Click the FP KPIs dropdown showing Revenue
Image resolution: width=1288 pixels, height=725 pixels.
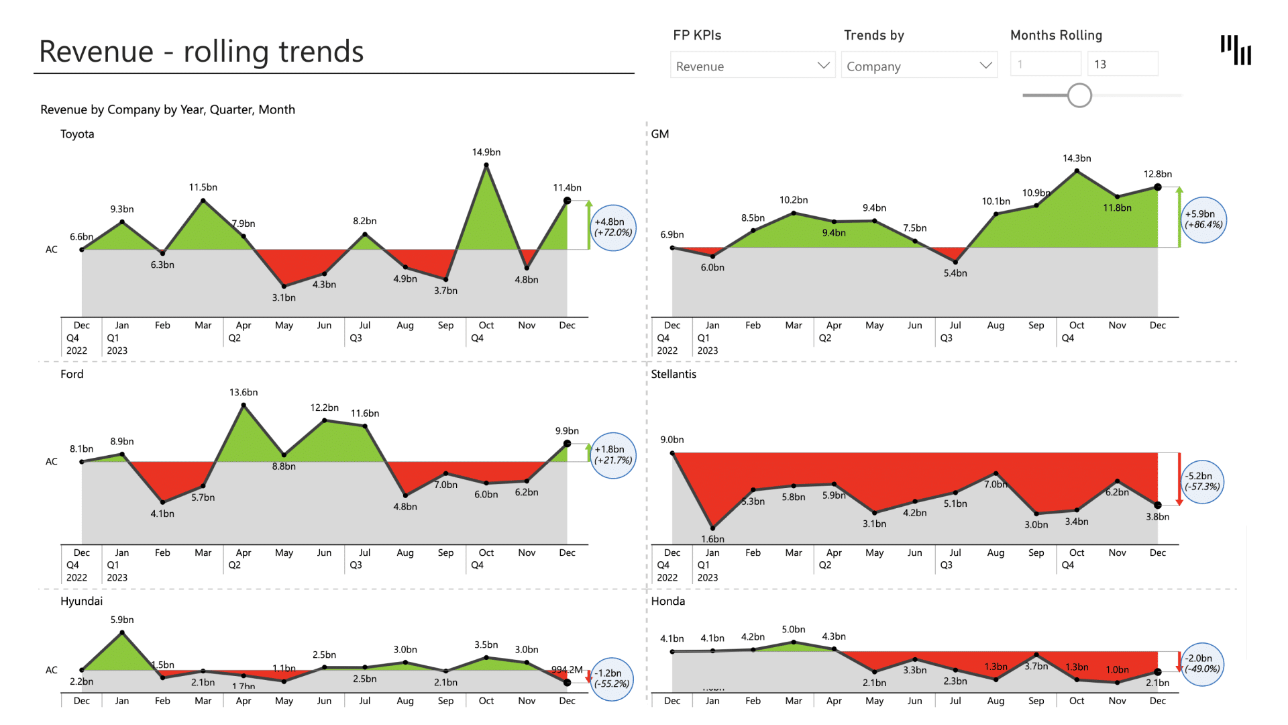coord(752,65)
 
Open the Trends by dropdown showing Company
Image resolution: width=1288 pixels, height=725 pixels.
coord(918,65)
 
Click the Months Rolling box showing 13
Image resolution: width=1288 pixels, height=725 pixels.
coord(1122,64)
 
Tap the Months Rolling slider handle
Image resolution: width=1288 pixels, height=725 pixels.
coord(1079,95)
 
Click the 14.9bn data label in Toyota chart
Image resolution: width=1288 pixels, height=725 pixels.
coord(486,152)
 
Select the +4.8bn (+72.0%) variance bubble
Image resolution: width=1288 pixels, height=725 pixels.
coord(613,228)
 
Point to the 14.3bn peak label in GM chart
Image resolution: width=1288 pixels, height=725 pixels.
coord(1077,158)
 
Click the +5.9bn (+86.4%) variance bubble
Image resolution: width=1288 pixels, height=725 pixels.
coord(1203,220)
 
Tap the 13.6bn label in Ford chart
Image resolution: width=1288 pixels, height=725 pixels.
coord(244,393)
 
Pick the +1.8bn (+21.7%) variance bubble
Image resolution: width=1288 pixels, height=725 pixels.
coord(613,455)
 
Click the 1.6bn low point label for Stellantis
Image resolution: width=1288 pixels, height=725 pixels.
coord(712,539)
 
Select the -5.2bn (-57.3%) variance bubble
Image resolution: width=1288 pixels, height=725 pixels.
coord(1202,481)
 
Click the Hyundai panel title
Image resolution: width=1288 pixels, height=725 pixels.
coord(82,601)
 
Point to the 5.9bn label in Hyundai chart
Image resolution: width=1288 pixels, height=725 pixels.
coord(122,620)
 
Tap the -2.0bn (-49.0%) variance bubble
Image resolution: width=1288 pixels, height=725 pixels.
coord(1201,664)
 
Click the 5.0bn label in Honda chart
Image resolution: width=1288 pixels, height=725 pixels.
coord(794,630)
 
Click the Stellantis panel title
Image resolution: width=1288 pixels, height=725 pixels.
coord(674,375)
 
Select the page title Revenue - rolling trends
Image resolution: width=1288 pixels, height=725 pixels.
coord(201,52)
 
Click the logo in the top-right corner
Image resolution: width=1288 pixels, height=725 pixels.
coord(1236,50)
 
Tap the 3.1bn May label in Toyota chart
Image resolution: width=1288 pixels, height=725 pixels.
coord(284,298)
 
